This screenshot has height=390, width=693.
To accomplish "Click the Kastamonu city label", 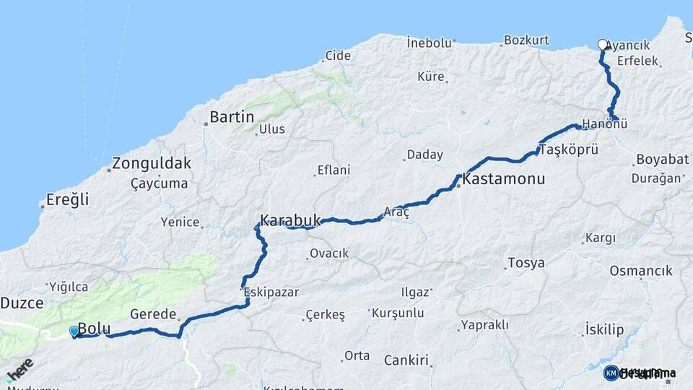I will click(504, 178).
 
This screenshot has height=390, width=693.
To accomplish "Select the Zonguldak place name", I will click(152, 162).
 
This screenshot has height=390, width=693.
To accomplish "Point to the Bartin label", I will click(231, 117).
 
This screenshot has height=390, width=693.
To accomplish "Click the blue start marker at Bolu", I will click(74, 331).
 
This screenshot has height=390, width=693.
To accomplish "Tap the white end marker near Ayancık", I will click(603, 45).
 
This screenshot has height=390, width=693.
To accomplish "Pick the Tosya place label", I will click(526, 263).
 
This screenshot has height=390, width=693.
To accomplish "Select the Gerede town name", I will click(153, 314).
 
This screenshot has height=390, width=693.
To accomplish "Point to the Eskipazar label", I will click(271, 292).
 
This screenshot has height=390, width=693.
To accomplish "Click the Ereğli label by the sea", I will click(67, 199).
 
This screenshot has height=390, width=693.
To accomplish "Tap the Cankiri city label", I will click(406, 360).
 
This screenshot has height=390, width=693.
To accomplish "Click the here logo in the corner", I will click(19, 369).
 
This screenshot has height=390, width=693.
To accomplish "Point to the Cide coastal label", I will click(338, 56).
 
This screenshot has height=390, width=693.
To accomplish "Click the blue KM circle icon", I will click(611, 373).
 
